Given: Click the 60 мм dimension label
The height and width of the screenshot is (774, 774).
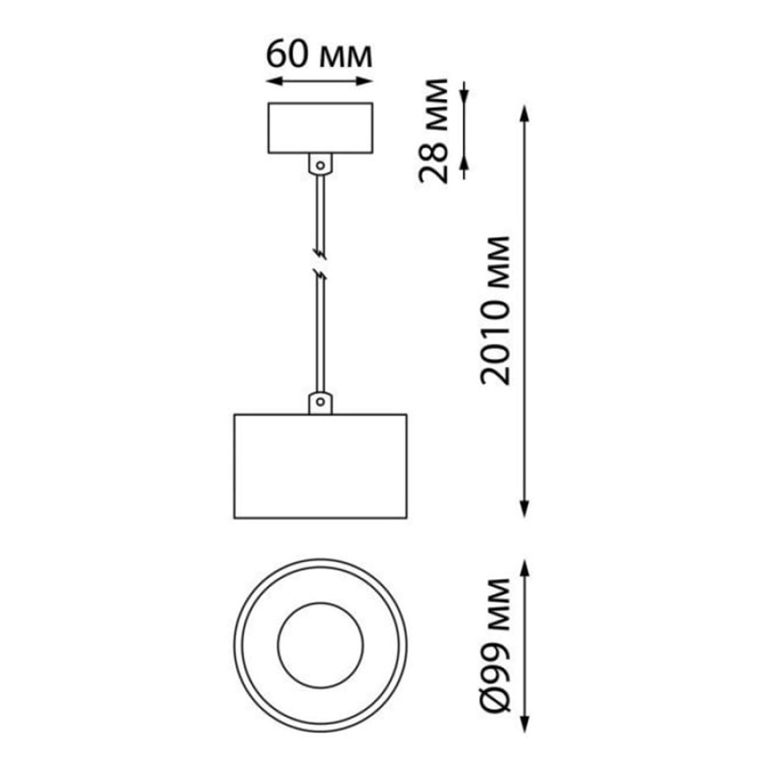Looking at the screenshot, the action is click(x=319, y=55).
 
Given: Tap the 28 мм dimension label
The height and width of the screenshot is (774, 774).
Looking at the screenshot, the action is click(x=433, y=131).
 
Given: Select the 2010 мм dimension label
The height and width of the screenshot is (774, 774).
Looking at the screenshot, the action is click(x=495, y=310).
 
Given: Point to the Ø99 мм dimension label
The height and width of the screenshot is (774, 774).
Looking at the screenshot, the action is click(x=495, y=646).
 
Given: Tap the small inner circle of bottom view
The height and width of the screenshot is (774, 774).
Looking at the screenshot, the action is click(x=320, y=603).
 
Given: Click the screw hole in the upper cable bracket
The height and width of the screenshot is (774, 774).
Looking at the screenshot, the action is click(x=320, y=166).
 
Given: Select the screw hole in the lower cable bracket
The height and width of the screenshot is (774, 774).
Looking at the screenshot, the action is click(x=320, y=401).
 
